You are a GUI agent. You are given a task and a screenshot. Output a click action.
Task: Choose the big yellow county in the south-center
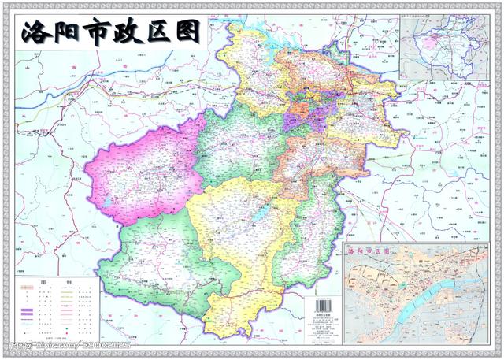[x=244, y=236]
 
